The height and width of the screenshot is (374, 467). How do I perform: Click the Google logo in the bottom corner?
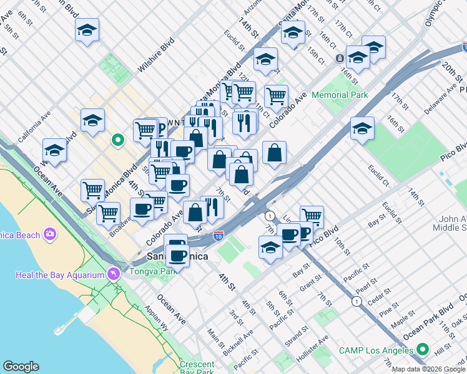(x=21, y=367)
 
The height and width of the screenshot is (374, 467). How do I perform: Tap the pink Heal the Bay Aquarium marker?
(x=113, y=274)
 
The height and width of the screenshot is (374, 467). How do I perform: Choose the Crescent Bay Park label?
(x=197, y=368)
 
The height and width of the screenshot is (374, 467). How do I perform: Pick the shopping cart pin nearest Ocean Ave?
(x=93, y=189)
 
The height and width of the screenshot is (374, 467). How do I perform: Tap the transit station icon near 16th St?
(x=340, y=59)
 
